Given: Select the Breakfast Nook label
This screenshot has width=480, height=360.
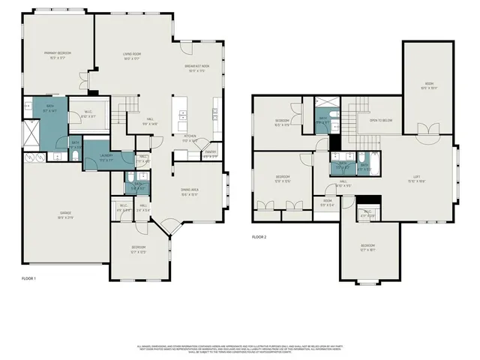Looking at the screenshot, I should [197, 67].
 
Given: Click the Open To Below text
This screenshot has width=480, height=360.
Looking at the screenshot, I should [381, 120].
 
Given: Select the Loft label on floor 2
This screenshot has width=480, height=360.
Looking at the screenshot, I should [416, 177].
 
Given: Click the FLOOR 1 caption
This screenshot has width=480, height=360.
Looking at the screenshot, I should [29, 278].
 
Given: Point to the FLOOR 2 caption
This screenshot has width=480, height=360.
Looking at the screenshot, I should [259, 237].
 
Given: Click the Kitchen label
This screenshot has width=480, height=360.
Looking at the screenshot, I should [190, 137].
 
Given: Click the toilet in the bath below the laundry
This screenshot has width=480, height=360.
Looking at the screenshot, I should [138, 189].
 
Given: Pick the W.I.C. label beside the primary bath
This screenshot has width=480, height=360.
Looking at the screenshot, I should [87, 114].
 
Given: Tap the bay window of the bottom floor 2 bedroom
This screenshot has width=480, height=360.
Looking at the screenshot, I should [367, 283].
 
